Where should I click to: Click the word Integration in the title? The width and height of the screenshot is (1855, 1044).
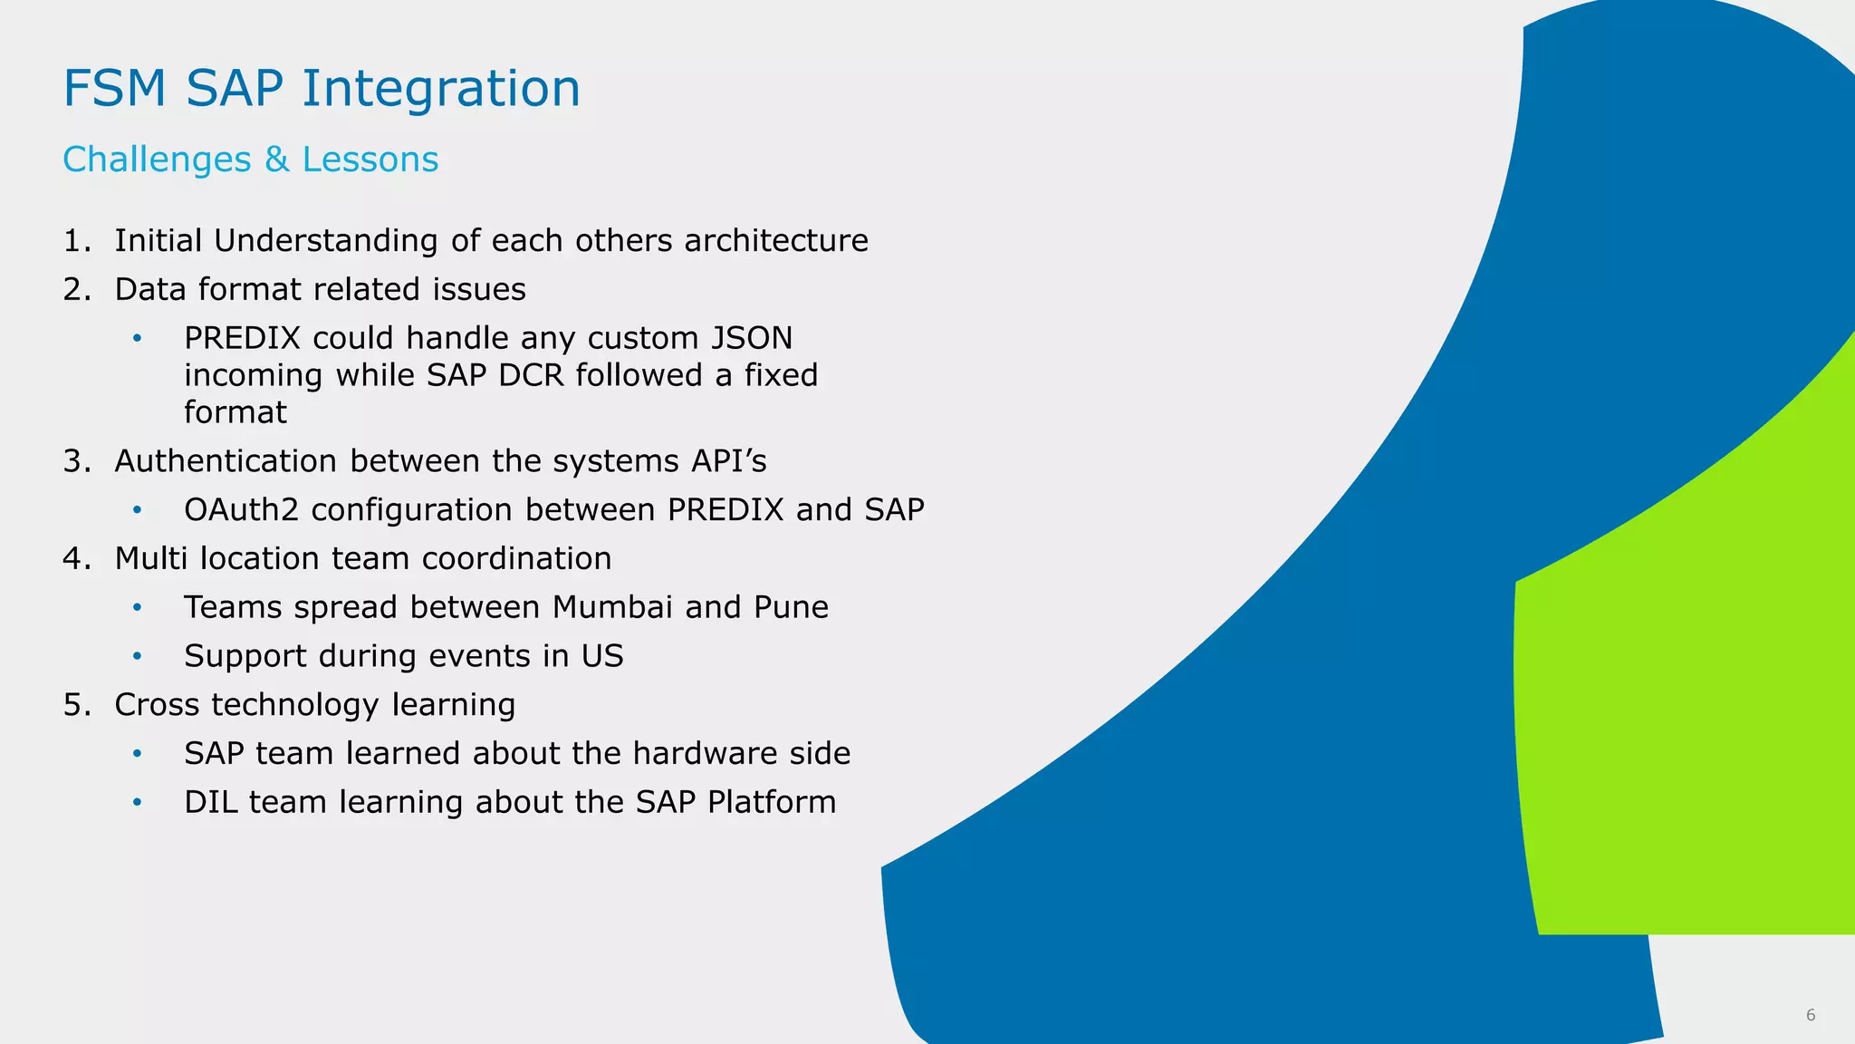click(440, 89)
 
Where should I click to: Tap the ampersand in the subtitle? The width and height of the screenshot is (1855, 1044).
click(276, 159)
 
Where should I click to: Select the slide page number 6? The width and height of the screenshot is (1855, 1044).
click(1810, 1015)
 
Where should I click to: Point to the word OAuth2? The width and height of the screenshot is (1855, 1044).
click(241, 510)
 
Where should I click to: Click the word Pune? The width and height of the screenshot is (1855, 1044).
click(791, 607)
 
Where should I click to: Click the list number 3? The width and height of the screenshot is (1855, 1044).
click(76, 461)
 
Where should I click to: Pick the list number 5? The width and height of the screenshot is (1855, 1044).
click(76, 705)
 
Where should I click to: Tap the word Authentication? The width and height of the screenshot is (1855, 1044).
click(226, 461)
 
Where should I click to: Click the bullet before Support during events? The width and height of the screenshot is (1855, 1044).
click(138, 656)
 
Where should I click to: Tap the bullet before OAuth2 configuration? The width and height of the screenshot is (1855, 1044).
click(138, 510)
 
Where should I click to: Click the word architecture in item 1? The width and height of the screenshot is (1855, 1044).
click(775, 241)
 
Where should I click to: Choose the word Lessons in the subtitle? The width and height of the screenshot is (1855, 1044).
click(370, 159)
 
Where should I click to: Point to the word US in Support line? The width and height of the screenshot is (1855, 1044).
click(602, 656)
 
